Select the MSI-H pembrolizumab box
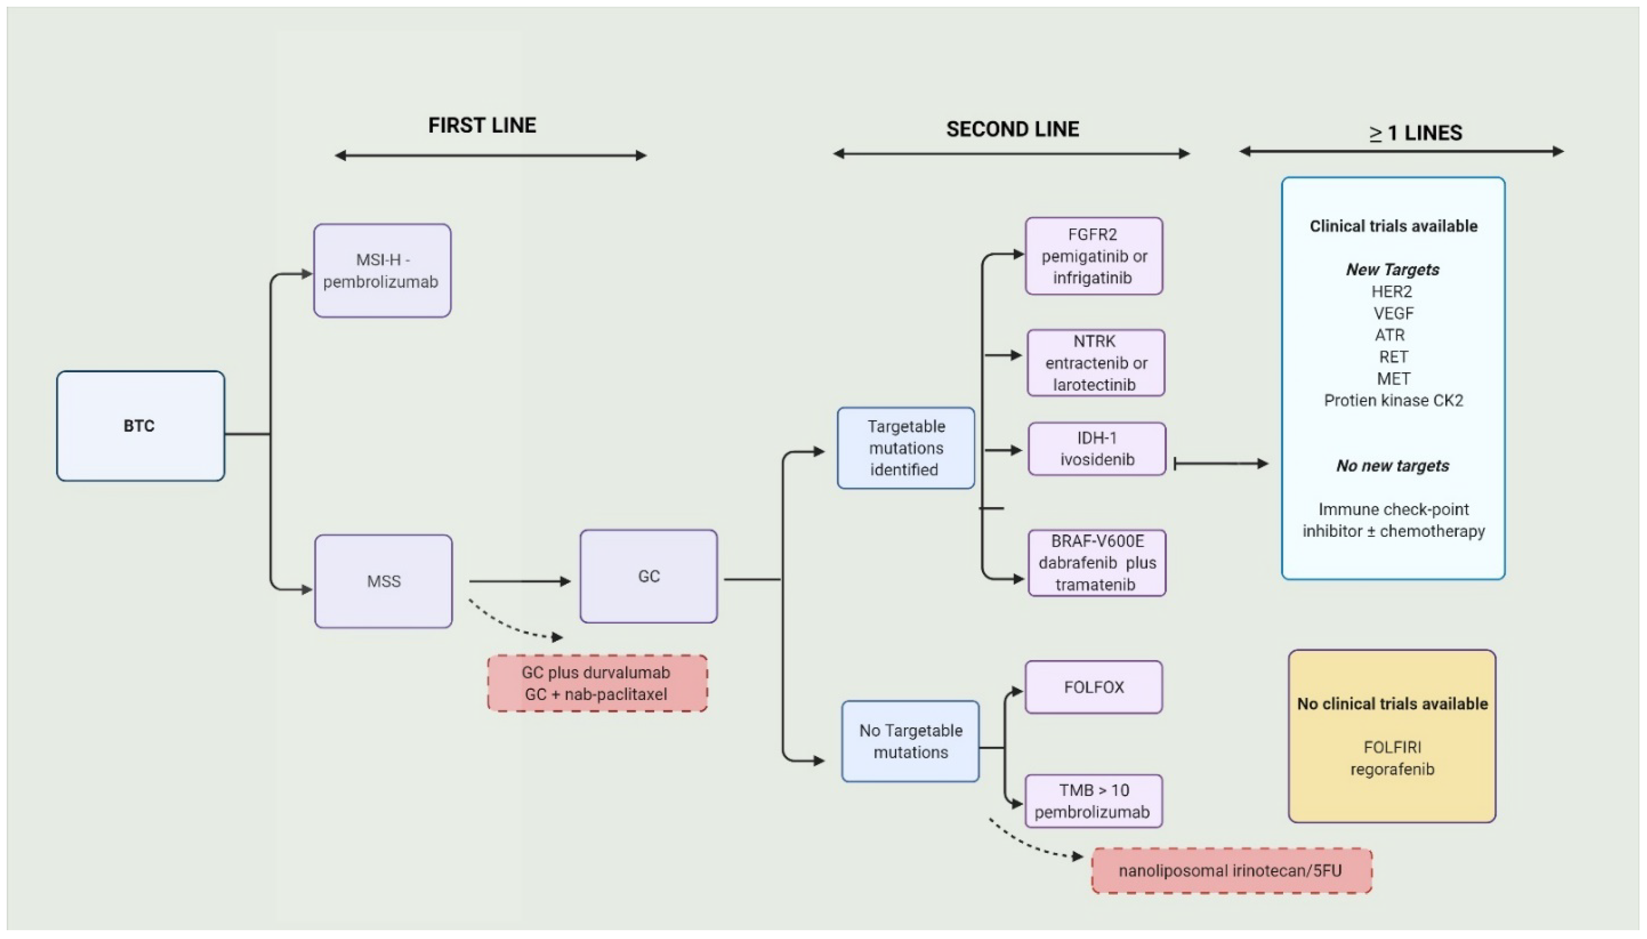[x=382, y=271]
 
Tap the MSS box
[x=383, y=581]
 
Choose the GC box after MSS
[x=648, y=576]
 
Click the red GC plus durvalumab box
[x=597, y=684]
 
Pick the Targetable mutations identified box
[x=906, y=448]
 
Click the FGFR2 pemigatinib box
[x=1093, y=256]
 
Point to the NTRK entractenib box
[x=1095, y=362]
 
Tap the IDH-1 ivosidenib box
[x=1097, y=449]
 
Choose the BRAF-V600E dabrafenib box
[x=1097, y=562]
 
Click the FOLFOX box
[x=1093, y=687]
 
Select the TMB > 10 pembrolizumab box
[x=1093, y=801]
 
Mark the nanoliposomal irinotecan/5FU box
[x=1231, y=871]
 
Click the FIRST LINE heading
[x=482, y=125]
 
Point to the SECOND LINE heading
[x=1012, y=129]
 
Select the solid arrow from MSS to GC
[x=519, y=581]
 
